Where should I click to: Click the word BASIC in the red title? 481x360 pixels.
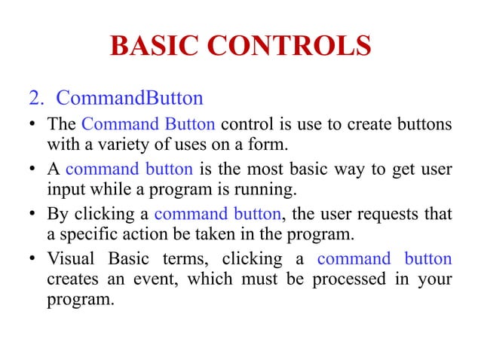[153, 46]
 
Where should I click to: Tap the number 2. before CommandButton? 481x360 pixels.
[37, 99]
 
